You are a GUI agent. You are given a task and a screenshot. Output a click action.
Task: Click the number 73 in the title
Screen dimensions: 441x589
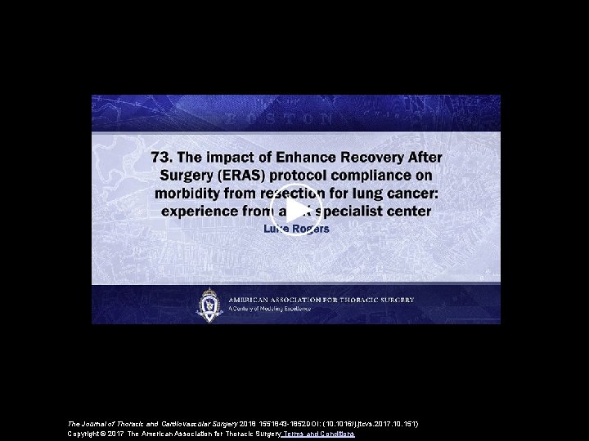(x=161, y=157)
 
